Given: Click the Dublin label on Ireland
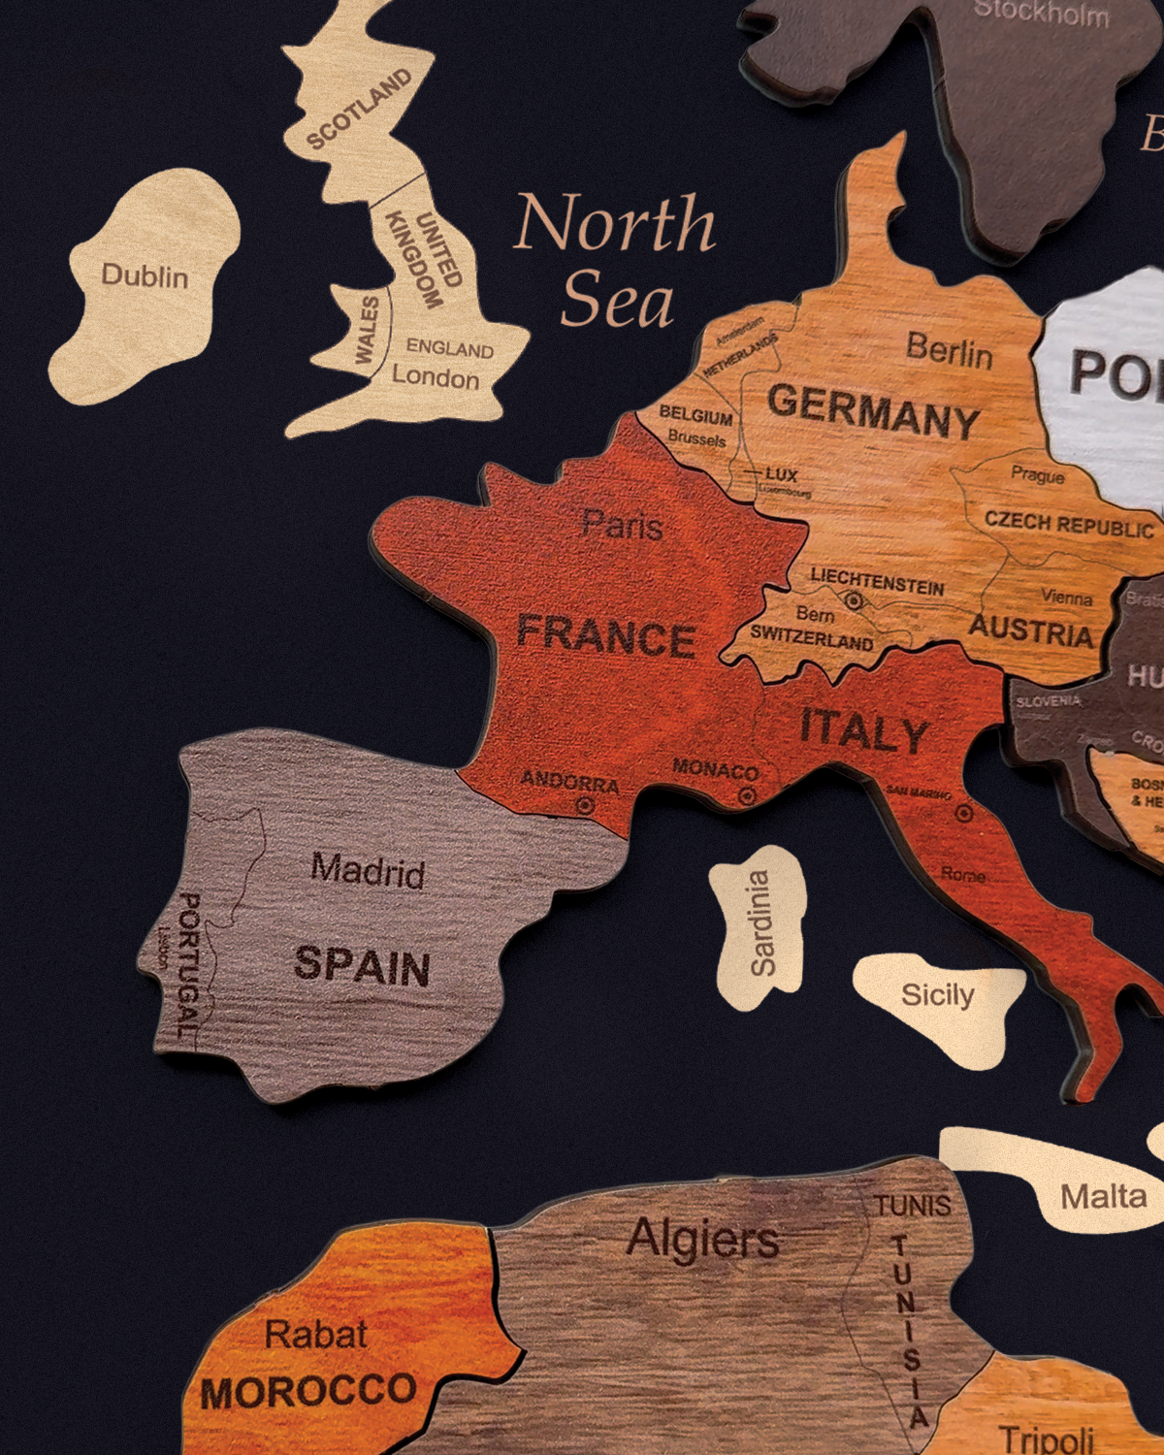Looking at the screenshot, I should (145, 276).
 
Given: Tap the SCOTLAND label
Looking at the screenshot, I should (359, 110).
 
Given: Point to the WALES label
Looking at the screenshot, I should (367, 331).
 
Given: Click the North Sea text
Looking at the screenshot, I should (615, 260).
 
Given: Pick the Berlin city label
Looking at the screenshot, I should (950, 350).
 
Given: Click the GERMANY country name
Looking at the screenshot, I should (873, 411).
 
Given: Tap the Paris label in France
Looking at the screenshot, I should (622, 526).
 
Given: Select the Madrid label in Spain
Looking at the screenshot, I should (368, 870).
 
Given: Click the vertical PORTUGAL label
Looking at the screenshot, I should (187, 965).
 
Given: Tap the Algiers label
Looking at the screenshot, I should (702, 1239).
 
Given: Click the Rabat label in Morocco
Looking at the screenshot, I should (316, 1335).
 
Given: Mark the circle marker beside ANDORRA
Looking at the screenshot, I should (585, 805).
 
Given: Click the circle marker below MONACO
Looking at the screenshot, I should (747, 795).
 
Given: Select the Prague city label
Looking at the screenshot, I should (1038, 475).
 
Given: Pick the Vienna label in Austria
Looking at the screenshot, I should (1067, 598).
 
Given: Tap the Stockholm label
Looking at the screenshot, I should (1041, 14).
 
